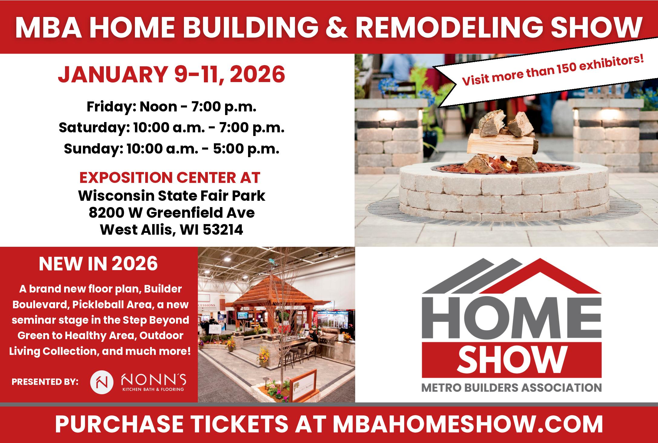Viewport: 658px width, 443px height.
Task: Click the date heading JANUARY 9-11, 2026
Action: click(x=171, y=74)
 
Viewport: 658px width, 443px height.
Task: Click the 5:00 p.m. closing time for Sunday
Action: click(x=246, y=149)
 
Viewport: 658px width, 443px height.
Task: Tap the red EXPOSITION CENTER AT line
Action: click(x=170, y=177)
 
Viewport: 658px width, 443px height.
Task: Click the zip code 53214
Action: click(x=223, y=230)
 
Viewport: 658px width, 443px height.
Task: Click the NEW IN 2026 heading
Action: click(x=98, y=264)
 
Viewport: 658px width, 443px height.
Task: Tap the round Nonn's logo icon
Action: click(x=102, y=381)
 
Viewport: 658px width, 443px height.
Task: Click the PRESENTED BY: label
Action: click(x=45, y=382)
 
